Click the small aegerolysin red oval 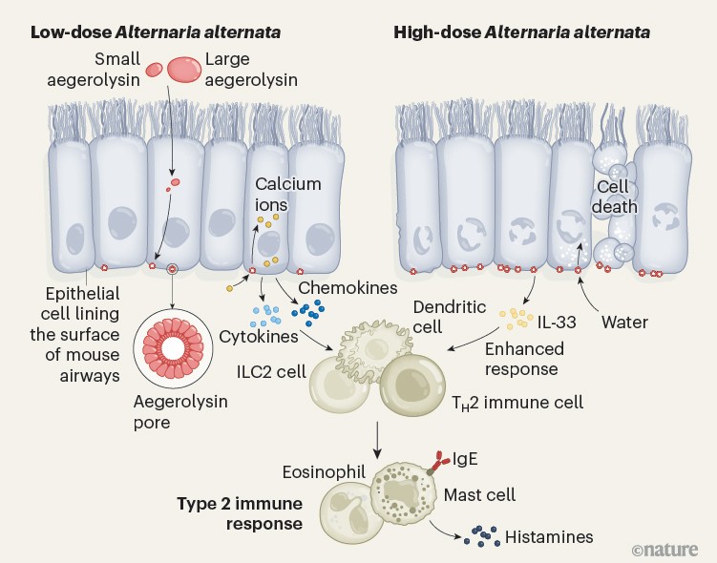pyautogui.click(x=154, y=69)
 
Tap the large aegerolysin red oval pyautogui.click(x=184, y=69)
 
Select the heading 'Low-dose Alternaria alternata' pyautogui.click(x=156, y=31)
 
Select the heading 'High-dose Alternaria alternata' pyautogui.click(x=522, y=31)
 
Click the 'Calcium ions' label pyautogui.click(x=287, y=194)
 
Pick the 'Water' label pyautogui.click(x=624, y=323)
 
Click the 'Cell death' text pyautogui.click(x=617, y=196)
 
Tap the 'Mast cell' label pyautogui.click(x=480, y=494)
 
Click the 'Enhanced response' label pyautogui.click(x=520, y=359)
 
